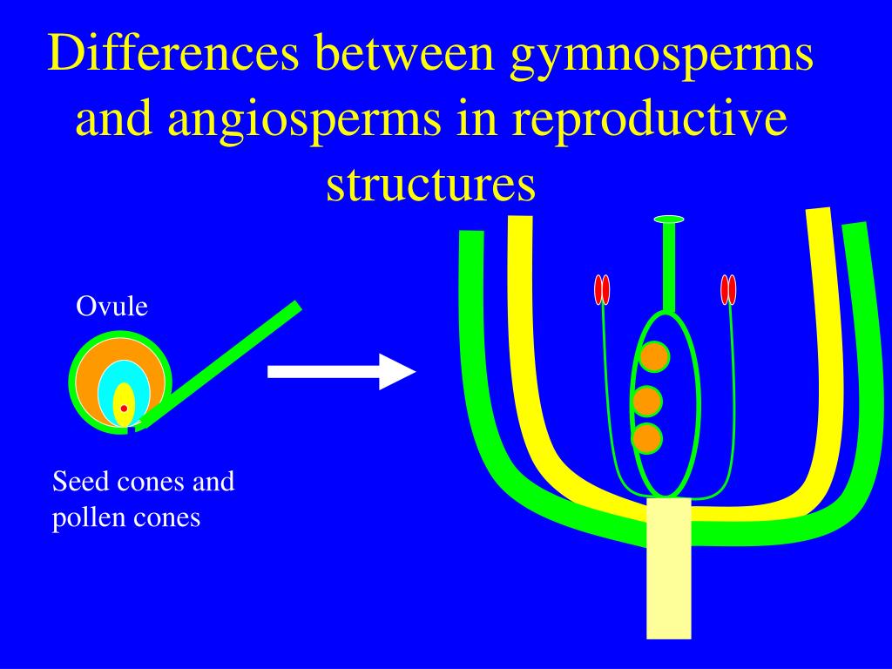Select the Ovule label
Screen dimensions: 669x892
click(x=112, y=307)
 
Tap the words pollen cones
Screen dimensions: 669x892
click(x=126, y=517)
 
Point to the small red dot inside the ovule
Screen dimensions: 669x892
click(x=124, y=408)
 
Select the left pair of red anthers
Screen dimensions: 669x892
click(x=602, y=289)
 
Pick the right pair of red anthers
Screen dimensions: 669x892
click(x=729, y=289)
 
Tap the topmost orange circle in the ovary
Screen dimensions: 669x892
click(x=654, y=356)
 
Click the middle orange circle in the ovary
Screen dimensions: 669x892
click(x=647, y=402)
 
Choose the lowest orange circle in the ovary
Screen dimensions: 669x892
click(x=647, y=438)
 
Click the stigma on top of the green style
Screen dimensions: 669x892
click(x=668, y=219)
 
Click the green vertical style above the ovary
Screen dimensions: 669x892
click(x=668, y=266)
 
